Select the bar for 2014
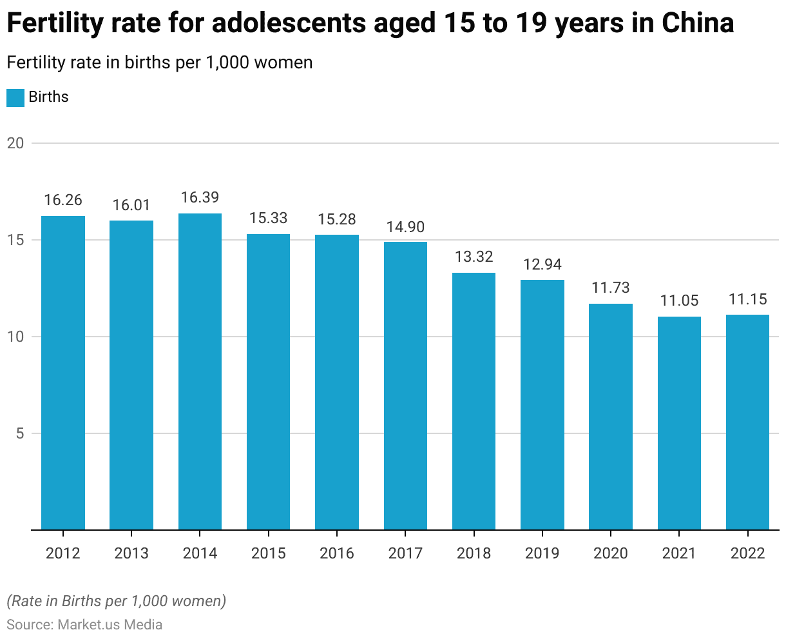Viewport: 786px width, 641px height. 200,371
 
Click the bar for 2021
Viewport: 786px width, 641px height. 679,423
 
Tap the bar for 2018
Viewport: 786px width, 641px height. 474,401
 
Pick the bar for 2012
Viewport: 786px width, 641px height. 63,373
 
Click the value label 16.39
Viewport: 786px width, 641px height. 200,197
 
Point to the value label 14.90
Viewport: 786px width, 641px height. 405,227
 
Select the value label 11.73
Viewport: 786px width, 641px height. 610,288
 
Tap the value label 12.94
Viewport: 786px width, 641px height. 542,264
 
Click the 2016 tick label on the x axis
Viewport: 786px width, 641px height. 337,553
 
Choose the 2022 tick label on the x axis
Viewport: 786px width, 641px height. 747,553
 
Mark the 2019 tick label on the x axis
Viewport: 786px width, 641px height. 542,553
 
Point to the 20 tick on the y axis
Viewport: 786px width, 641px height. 15,143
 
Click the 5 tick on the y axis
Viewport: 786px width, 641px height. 19,433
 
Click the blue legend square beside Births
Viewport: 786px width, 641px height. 15,97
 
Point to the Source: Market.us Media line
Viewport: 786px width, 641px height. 84,625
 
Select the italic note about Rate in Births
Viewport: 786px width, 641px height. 116,601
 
